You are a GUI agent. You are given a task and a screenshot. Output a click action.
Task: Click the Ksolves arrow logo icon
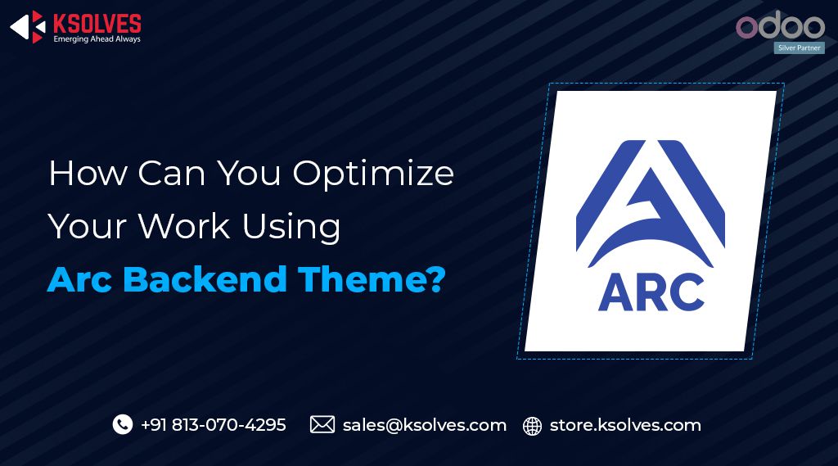(x=26, y=27)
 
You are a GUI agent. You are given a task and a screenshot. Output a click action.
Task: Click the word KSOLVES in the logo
(x=97, y=23)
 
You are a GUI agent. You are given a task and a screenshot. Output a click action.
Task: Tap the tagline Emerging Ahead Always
(x=97, y=39)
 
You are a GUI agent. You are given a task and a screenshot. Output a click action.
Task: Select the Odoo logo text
(x=780, y=26)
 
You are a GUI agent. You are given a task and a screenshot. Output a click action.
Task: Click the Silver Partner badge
(x=800, y=48)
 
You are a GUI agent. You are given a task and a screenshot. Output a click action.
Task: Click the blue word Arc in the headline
(x=80, y=279)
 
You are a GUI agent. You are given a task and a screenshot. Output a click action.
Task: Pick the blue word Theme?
(x=372, y=279)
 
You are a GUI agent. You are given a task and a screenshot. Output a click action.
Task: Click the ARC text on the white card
(x=651, y=292)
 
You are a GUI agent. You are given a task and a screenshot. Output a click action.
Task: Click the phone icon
(x=123, y=424)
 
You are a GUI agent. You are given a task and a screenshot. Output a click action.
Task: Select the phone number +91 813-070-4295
(x=214, y=425)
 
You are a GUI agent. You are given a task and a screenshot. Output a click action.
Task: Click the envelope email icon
(x=322, y=424)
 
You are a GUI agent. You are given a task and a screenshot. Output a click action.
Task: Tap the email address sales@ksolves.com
(x=424, y=425)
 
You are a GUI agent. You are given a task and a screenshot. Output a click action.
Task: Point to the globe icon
(x=533, y=426)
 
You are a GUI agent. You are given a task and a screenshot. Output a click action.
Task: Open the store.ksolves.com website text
(x=625, y=425)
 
